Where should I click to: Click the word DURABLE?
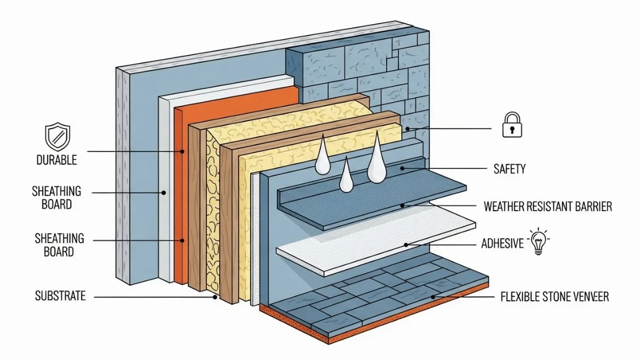[57, 159]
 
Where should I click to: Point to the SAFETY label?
[509, 169]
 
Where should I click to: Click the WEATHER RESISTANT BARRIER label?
[548, 206]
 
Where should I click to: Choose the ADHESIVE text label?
[502, 244]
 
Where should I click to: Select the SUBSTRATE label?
[60, 295]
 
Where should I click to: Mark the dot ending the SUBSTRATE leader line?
[215, 297]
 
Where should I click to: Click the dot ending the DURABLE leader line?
[182, 151]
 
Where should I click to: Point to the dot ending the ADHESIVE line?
[406, 245]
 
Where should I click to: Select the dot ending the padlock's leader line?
[406, 129]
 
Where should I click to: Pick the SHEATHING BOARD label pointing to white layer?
[57, 197]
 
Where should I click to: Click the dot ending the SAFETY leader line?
[406, 169]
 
